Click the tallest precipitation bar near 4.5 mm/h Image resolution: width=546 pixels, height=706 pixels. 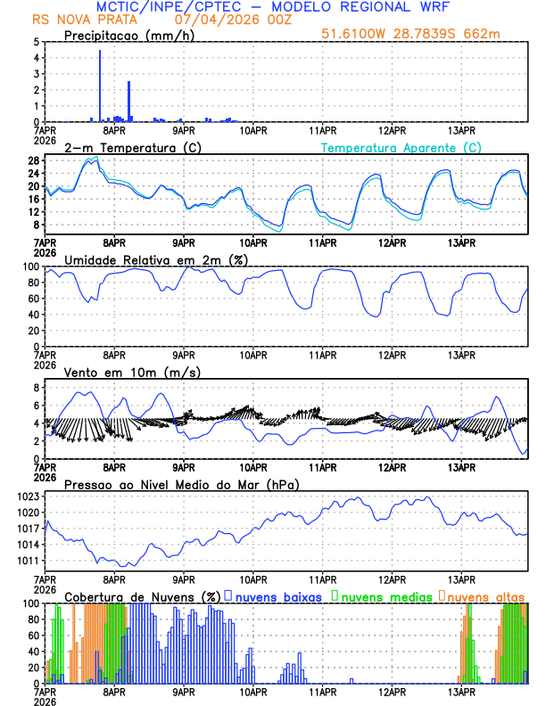[x=99, y=85]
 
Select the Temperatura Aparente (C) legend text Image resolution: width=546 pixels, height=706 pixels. [x=401, y=147]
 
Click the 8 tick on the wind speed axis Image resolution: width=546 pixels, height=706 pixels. [x=37, y=388]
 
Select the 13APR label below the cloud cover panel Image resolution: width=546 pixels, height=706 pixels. [x=461, y=692]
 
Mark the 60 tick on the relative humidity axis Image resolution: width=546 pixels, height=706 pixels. [x=33, y=299]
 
